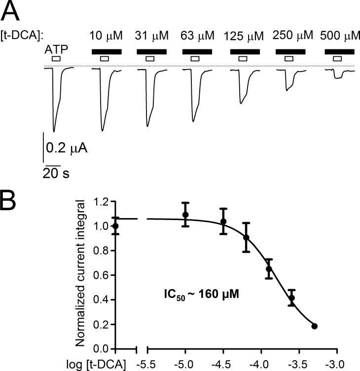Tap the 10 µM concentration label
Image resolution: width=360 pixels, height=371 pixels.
pos(105,37)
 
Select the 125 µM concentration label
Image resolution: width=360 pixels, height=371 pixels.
pos(244,37)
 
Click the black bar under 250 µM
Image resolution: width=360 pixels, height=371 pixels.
pos(290,51)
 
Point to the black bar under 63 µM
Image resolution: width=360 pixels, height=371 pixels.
pos(197,51)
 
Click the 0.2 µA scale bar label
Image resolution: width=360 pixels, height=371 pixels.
pos(67,147)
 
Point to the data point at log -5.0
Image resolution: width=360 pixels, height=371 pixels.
pos(185,215)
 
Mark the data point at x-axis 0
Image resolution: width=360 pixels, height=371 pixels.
pos(116,226)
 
